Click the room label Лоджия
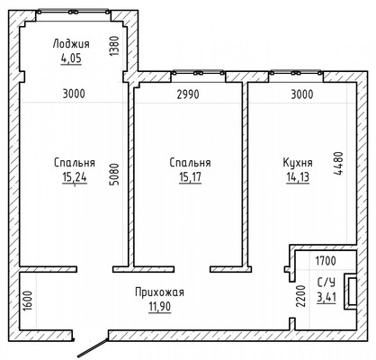(71, 44)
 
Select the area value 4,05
(71, 58)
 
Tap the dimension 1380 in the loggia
(114, 46)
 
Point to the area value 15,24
(75, 177)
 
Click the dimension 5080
(114, 174)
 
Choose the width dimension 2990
(188, 94)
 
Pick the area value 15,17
(190, 177)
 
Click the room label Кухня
(298, 163)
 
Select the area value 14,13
(298, 177)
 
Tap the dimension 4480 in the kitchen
(338, 164)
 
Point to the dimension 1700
(326, 261)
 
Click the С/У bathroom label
(327, 283)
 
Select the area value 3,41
(327, 297)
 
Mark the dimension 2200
(300, 296)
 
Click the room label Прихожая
(159, 292)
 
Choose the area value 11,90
(160, 307)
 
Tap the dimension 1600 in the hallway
(27, 301)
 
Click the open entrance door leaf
(93, 347)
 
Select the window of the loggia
(74, 12)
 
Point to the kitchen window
(296, 73)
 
